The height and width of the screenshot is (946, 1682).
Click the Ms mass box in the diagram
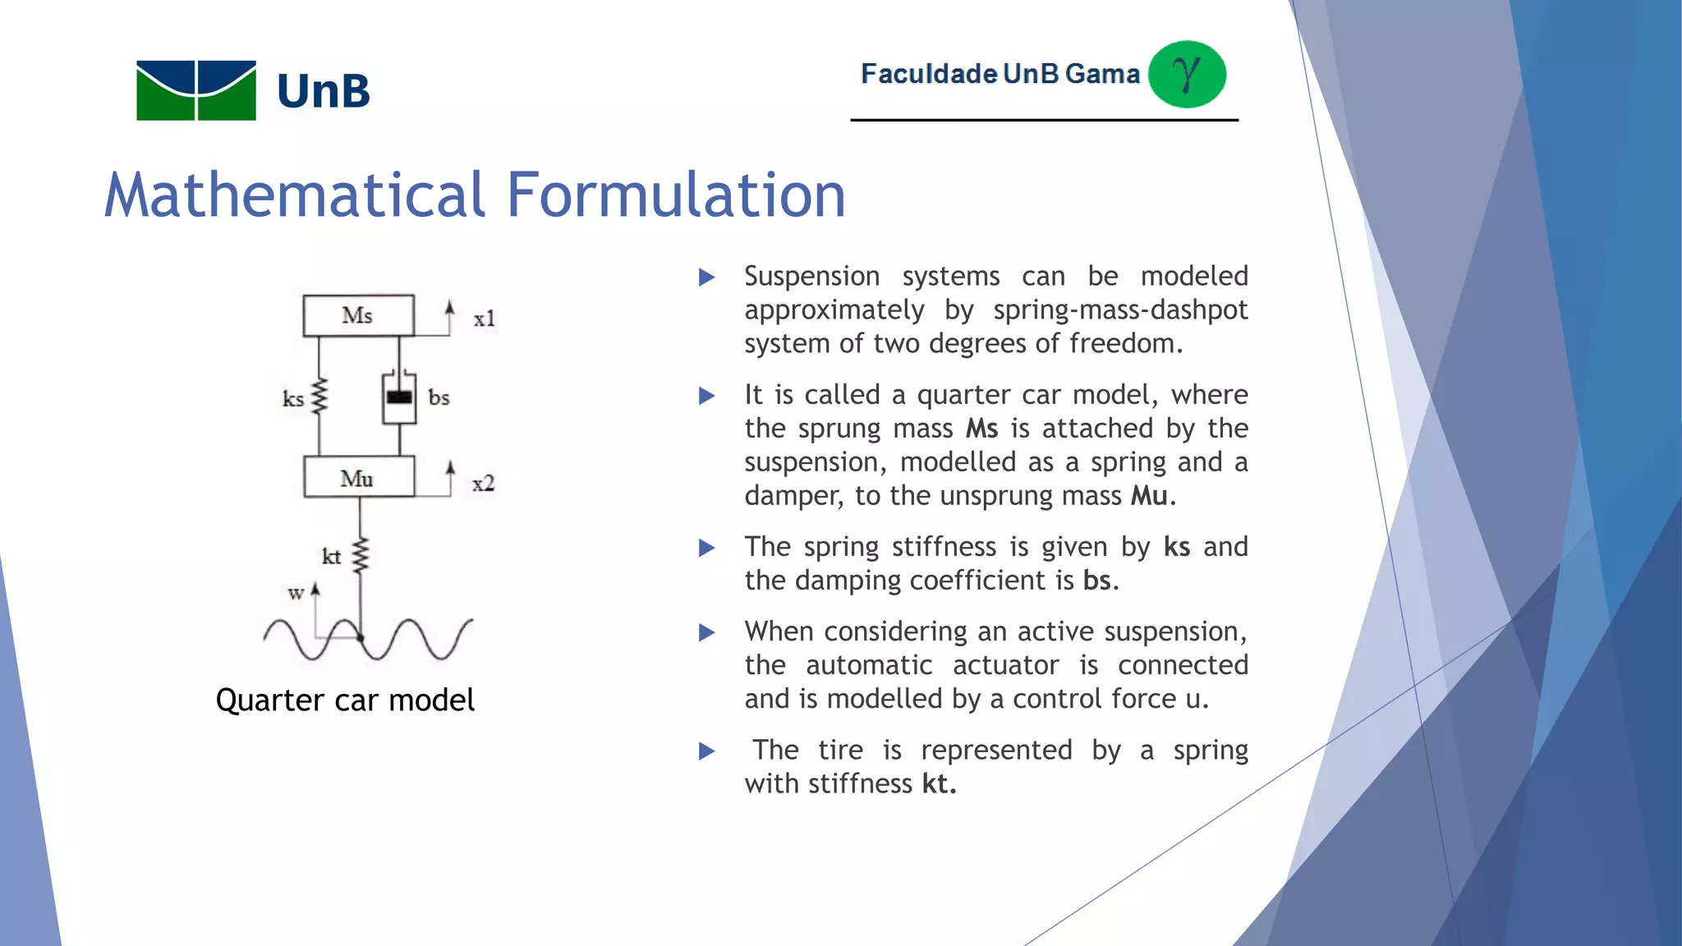pos(358,315)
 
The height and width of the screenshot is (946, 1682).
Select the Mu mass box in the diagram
pos(358,478)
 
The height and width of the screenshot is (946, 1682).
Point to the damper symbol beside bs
pos(399,398)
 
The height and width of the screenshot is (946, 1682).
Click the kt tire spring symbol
pos(360,555)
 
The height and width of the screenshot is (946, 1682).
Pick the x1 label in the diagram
pos(485,319)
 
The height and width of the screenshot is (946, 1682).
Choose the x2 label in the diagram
pos(484,484)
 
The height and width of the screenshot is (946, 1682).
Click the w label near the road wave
pos(296,593)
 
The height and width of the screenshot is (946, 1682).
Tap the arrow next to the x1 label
pos(449,317)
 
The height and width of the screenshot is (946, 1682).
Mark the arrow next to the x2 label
pos(450,477)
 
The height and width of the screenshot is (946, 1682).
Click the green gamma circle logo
pos(1187,74)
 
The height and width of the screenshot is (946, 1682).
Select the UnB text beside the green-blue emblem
pos(324,91)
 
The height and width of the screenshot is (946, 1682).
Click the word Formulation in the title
pos(676,195)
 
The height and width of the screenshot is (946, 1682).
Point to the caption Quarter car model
pos(345,700)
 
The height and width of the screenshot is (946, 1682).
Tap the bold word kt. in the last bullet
pos(939,783)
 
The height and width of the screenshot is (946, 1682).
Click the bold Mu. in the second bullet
pos(1152,496)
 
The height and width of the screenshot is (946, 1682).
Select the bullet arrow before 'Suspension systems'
pos(706,278)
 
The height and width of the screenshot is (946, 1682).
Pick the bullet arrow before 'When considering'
pos(706,632)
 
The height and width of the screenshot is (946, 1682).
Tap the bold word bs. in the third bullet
pos(1101,581)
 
